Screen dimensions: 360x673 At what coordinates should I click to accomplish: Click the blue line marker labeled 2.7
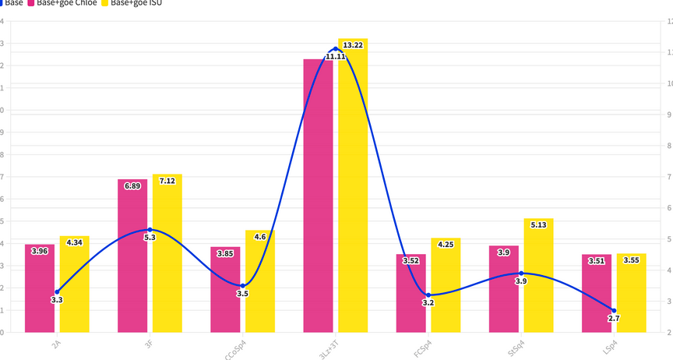pos(614,311)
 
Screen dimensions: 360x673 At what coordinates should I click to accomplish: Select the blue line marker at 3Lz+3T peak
pos(336,48)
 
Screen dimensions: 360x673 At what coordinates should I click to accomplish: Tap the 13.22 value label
pos(353,45)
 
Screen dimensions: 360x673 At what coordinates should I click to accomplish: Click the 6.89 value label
pos(132,185)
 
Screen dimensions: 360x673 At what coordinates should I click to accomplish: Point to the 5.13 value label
pos(538,225)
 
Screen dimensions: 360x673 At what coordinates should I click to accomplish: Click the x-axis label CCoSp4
pos(236,348)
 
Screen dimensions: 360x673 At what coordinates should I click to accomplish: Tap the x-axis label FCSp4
pos(423,347)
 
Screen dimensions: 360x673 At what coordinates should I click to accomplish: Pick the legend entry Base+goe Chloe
pos(66,3)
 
